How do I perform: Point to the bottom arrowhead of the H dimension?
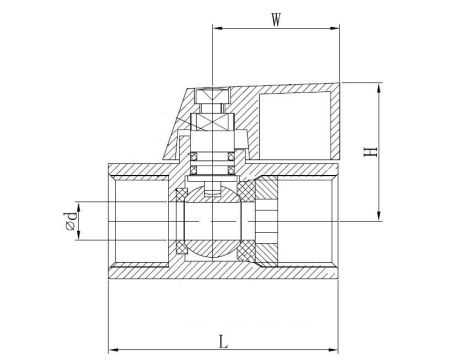pos(380,217)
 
